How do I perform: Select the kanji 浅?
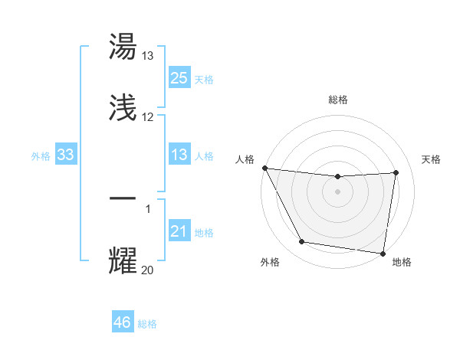click(x=123, y=109)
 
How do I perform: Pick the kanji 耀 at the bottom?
click(x=123, y=260)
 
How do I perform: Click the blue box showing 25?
click(x=179, y=77)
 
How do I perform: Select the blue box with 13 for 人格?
click(x=179, y=155)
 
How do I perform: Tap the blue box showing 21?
click(x=179, y=231)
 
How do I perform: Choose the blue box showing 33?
click(x=66, y=155)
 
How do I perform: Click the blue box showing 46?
click(x=123, y=322)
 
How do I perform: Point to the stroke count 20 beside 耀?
click(x=147, y=270)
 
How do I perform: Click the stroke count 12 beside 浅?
click(x=147, y=117)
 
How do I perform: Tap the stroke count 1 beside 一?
click(x=148, y=208)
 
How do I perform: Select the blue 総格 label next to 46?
click(x=147, y=324)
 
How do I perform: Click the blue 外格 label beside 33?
click(x=41, y=155)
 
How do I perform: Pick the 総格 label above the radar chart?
click(x=338, y=100)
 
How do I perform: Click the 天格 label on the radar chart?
click(x=432, y=159)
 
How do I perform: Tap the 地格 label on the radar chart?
click(x=402, y=262)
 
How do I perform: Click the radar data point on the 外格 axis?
click(x=301, y=243)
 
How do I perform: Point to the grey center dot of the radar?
click(x=338, y=191)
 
